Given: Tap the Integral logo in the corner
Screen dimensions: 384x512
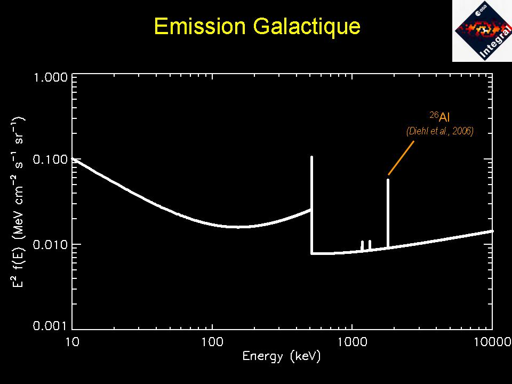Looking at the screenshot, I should pyautogui.click(x=482, y=30).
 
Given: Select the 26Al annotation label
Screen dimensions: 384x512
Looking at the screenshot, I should pyautogui.click(x=439, y=117).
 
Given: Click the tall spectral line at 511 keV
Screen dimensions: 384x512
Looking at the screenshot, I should pyautogui.click(x=311, y=203).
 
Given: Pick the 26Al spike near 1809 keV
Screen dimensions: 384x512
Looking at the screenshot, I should pyautogui.click(x=388, y=213).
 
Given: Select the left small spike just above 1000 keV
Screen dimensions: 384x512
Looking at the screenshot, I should pyautogui.click(x=362, y=245).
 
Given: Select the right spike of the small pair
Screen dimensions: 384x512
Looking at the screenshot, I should pyautogui.click(x=370, y=245).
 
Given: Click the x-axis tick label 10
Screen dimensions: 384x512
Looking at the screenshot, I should pyautogui.click(x=72, y=342).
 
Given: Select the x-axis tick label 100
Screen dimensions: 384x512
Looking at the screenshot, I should pyautogui.click(x=212, y=342).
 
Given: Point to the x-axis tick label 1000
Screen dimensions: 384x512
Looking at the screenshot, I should pyautogui.click(x=352, y=342).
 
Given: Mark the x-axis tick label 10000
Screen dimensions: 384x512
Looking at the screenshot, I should pyautogui.click(x=492, y=342).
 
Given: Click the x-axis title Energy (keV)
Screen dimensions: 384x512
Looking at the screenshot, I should pyautogui.click(x=282, y=357).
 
